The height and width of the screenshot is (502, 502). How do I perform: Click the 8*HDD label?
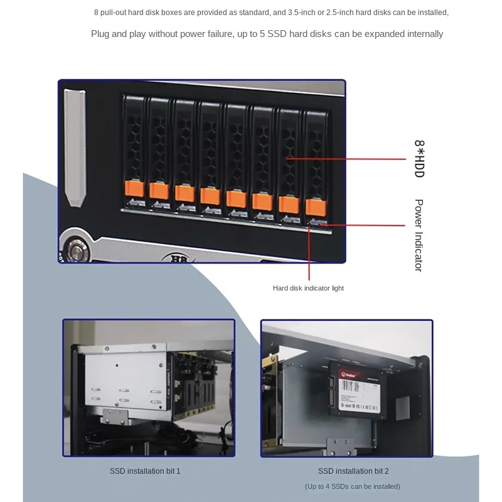(419, 159)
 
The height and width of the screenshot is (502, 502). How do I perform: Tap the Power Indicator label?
(419, 235)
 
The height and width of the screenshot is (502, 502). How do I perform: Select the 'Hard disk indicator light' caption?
(308, 288)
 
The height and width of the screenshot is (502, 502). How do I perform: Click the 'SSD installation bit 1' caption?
(145, 471)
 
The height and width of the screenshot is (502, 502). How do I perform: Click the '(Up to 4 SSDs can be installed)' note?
(352, 486)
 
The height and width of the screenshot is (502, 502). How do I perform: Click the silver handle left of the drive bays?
(75, 148)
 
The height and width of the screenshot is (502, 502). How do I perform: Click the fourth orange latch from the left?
(210, 196)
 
